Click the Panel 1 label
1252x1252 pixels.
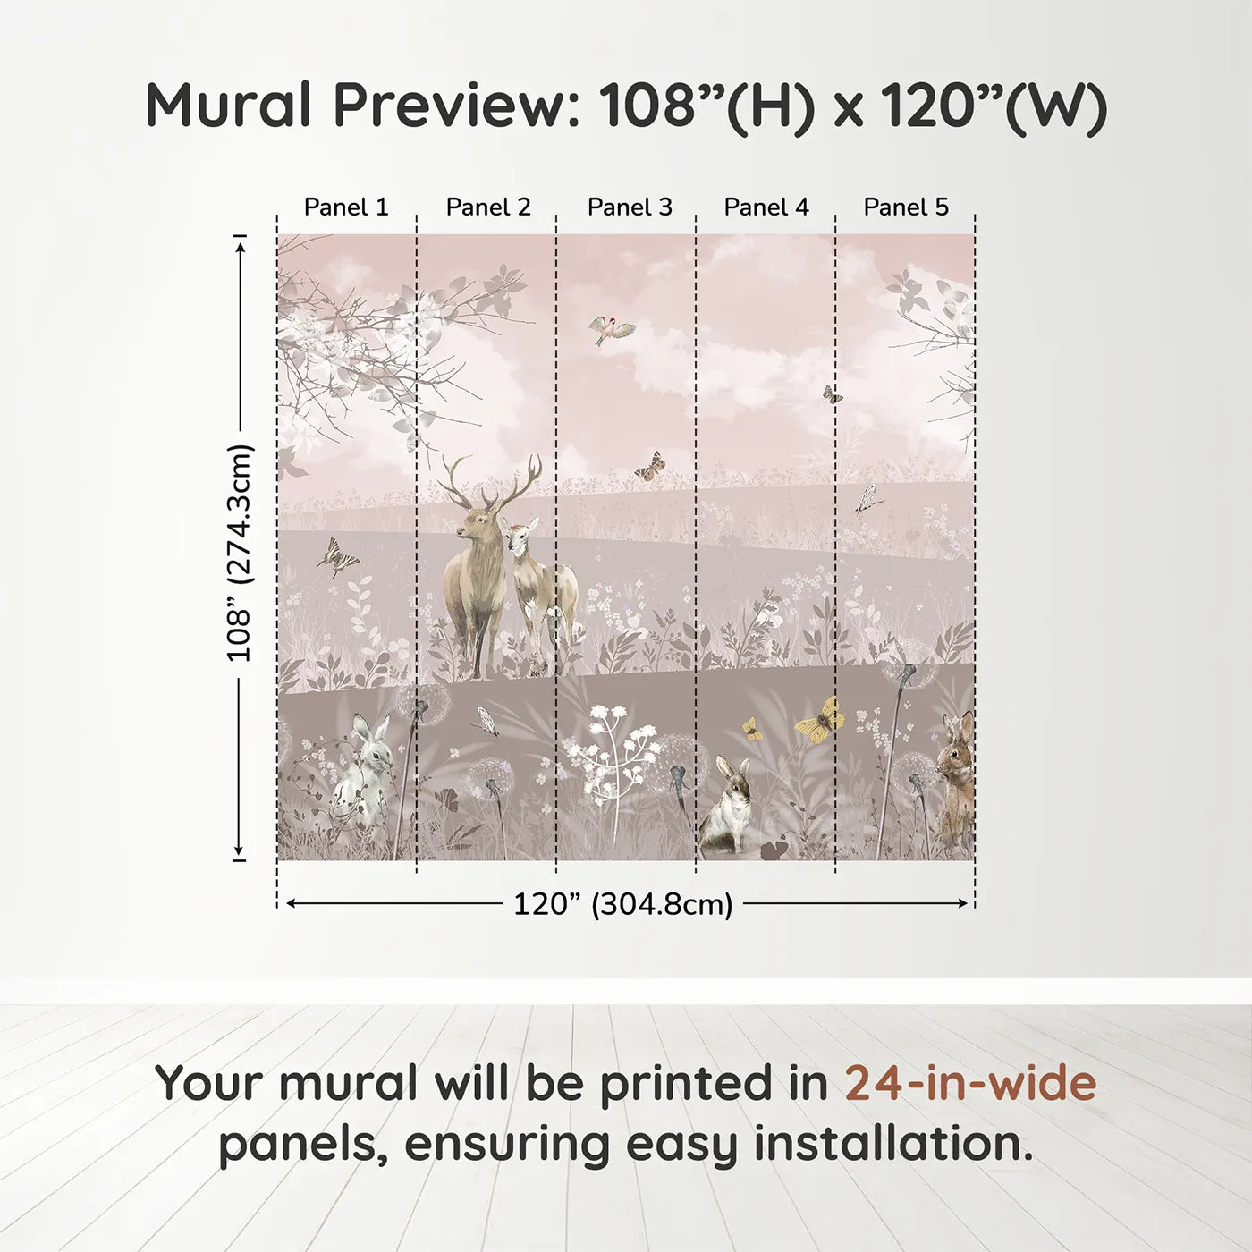(346, 207)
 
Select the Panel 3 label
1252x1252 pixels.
(630, 207)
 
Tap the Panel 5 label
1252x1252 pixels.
(906, 207)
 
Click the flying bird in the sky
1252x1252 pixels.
(612, 330)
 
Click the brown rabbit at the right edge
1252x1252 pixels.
(955, 774)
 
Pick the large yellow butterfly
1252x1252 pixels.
(821, 721)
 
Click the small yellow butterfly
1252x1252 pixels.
(752, 731)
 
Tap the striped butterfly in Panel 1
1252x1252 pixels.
(337, 558)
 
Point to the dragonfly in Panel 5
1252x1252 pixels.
(866, 500)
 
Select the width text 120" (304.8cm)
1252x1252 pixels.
(623, 904)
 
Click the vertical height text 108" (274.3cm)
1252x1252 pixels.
(240, 553)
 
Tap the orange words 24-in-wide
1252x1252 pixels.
(970, 1083)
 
